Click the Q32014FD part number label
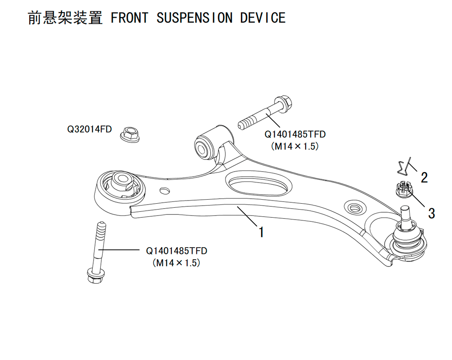point(89,129)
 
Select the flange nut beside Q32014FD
point(130,135)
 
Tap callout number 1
point(261,232)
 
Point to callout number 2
point(424,178)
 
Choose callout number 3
point(431,213)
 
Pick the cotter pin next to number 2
point(404,166)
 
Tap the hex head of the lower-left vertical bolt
point(95,276)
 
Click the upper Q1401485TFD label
point(295,135)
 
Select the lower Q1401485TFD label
point(176,251)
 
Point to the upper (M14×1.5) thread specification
point(295,146)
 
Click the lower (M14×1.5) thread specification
point(176,263)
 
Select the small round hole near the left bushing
point(165,191)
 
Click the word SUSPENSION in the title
point(194,18)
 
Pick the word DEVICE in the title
point(263,18)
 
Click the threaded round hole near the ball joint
point(355,207)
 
